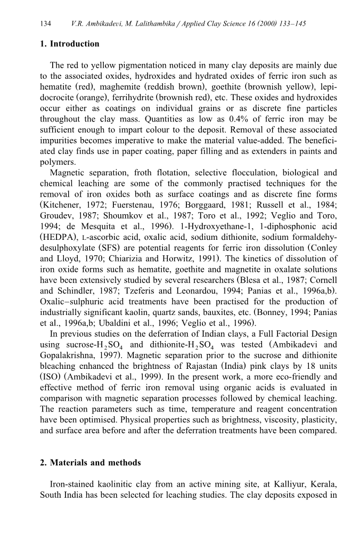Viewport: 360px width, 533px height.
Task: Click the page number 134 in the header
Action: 45,25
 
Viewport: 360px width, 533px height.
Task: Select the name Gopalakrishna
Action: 67,356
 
